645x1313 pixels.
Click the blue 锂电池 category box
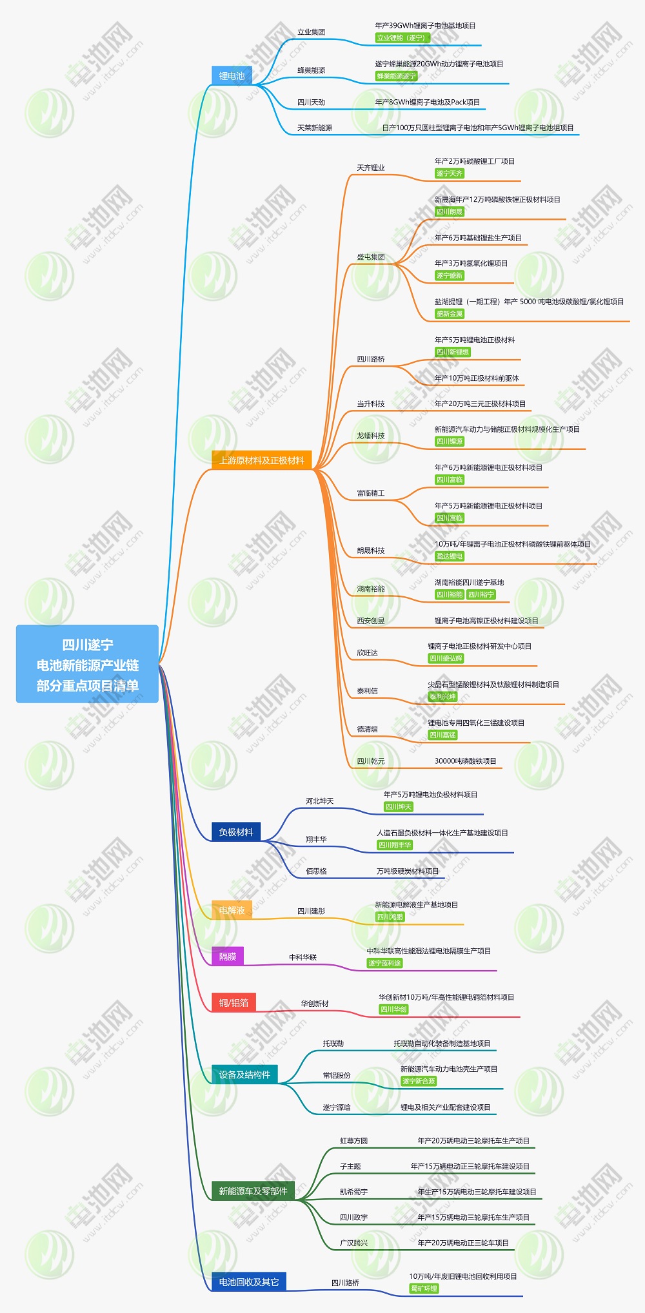click(x=232, y=75)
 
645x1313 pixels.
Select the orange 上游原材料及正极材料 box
click(x=261, y=460)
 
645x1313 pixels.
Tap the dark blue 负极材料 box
click(x=236, y=832)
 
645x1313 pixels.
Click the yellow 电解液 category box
click(x=232, y=910)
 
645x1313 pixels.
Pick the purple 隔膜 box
click(x=228, y=956)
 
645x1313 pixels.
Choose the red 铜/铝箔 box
click(x=233, y=1002)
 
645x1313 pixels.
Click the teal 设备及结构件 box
click(x=244, y=1074)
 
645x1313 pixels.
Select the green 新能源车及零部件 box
click(x=253, y=1191)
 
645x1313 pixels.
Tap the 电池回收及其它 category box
click(x=249, y=1281)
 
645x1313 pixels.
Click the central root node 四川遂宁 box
click(x=87, y=664)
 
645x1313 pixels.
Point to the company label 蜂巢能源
click(x=311, y=70)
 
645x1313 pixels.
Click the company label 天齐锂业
click(x=371, y=168)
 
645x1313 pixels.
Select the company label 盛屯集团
click(x=371, y=257)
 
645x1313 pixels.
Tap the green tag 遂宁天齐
click(x=450, y=173)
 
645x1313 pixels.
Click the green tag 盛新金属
click(x=450, y=314)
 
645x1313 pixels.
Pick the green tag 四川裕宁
click(x=481, y=594)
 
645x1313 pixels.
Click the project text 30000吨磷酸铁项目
click(x=465, y=761)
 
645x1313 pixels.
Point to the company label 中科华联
click(x=303, y=957)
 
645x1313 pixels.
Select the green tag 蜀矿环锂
click(x=424, y=1289)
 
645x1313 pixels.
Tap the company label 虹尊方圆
click(x=353, y=1140)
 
